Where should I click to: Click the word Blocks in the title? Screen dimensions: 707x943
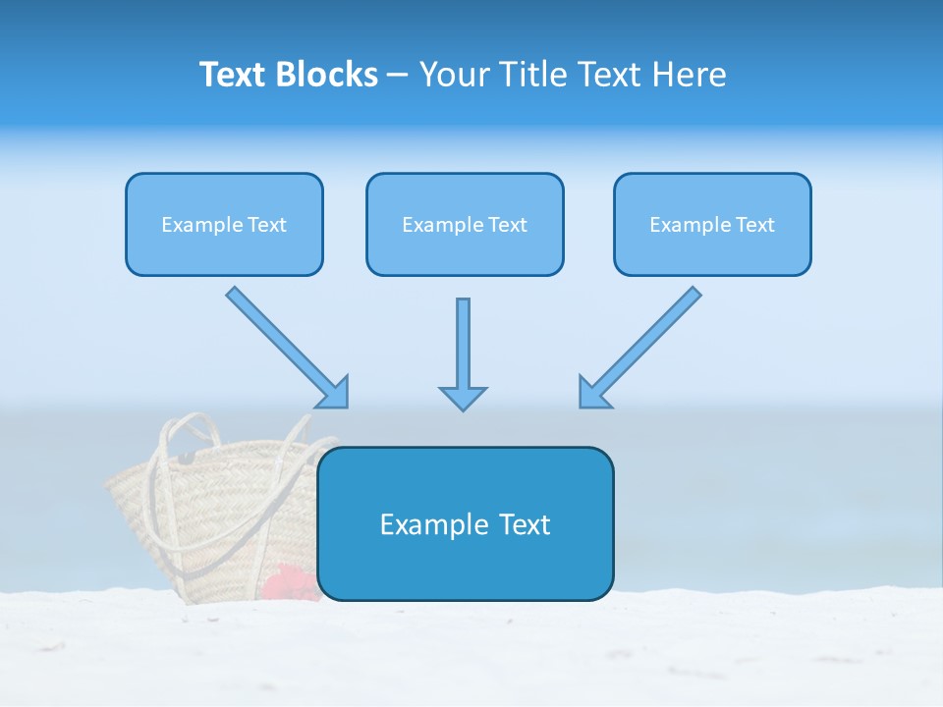click(328, 75)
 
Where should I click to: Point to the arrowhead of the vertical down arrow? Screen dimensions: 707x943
click(463, 398)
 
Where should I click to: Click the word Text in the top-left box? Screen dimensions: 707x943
click(267, 225)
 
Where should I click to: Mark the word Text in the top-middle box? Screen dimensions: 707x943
click(508, 225)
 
